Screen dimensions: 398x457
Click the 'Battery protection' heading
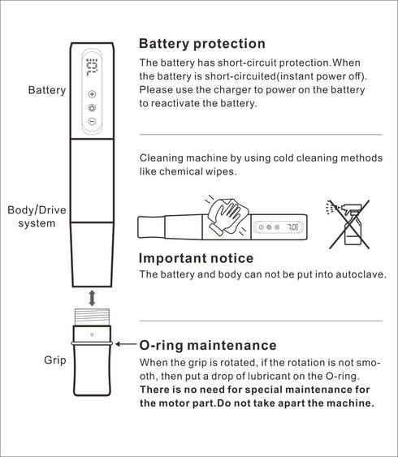[202, 44]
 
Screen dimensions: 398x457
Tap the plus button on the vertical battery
[92, 94]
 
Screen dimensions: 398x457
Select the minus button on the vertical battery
[92, 121]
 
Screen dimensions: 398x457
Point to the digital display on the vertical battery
[92, 67]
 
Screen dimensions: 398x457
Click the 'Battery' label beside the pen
[47, 90]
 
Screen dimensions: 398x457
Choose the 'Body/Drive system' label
[37, 217]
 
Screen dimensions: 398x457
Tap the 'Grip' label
[55, 360]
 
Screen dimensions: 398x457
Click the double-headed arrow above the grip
[92, 298]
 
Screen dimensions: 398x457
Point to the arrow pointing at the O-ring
[126, 344]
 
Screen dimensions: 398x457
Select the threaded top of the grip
[92, 317]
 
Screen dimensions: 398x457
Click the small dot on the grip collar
[92, 334]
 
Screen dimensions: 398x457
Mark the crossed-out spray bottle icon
[348, 224]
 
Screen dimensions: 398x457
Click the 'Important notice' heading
[196, 258]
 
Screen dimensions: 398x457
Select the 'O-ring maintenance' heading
[208, 345]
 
